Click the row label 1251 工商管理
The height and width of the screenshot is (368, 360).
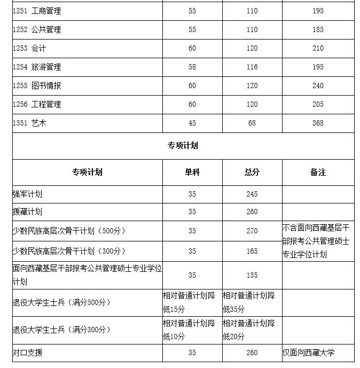click(x=37, y=11)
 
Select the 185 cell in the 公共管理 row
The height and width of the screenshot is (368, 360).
click(x=318, y=30)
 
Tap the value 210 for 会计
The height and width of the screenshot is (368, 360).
click(x=318, y=49)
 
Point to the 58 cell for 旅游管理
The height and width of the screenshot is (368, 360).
click(x=192, y=67)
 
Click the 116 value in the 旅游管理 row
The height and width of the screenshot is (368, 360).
click(x=252, y=67)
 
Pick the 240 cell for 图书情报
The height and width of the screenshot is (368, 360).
click(x=318, y=86)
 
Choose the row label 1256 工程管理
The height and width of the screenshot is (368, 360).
click(x=37, y=105)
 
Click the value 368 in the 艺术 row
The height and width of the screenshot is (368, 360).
click(x=318, y=123)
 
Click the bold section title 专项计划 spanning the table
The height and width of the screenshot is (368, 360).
click(x=183, y=145)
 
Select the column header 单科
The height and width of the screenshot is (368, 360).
click(x=192, y=173)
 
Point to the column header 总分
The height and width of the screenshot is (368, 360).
click(x=252, y=173)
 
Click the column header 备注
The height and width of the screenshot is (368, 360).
click(x=318, y=173)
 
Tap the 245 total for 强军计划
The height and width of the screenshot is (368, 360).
click(x=252, y=194)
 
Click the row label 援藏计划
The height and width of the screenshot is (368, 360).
click(x=27, y=212)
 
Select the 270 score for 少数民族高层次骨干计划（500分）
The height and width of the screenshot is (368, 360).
click(x=252, y=231)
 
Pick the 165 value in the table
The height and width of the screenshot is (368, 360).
click(x=252, y=251)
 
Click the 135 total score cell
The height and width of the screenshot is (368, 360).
click(x=252, y=276)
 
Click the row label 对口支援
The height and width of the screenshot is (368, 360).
click(x=27, y=353)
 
